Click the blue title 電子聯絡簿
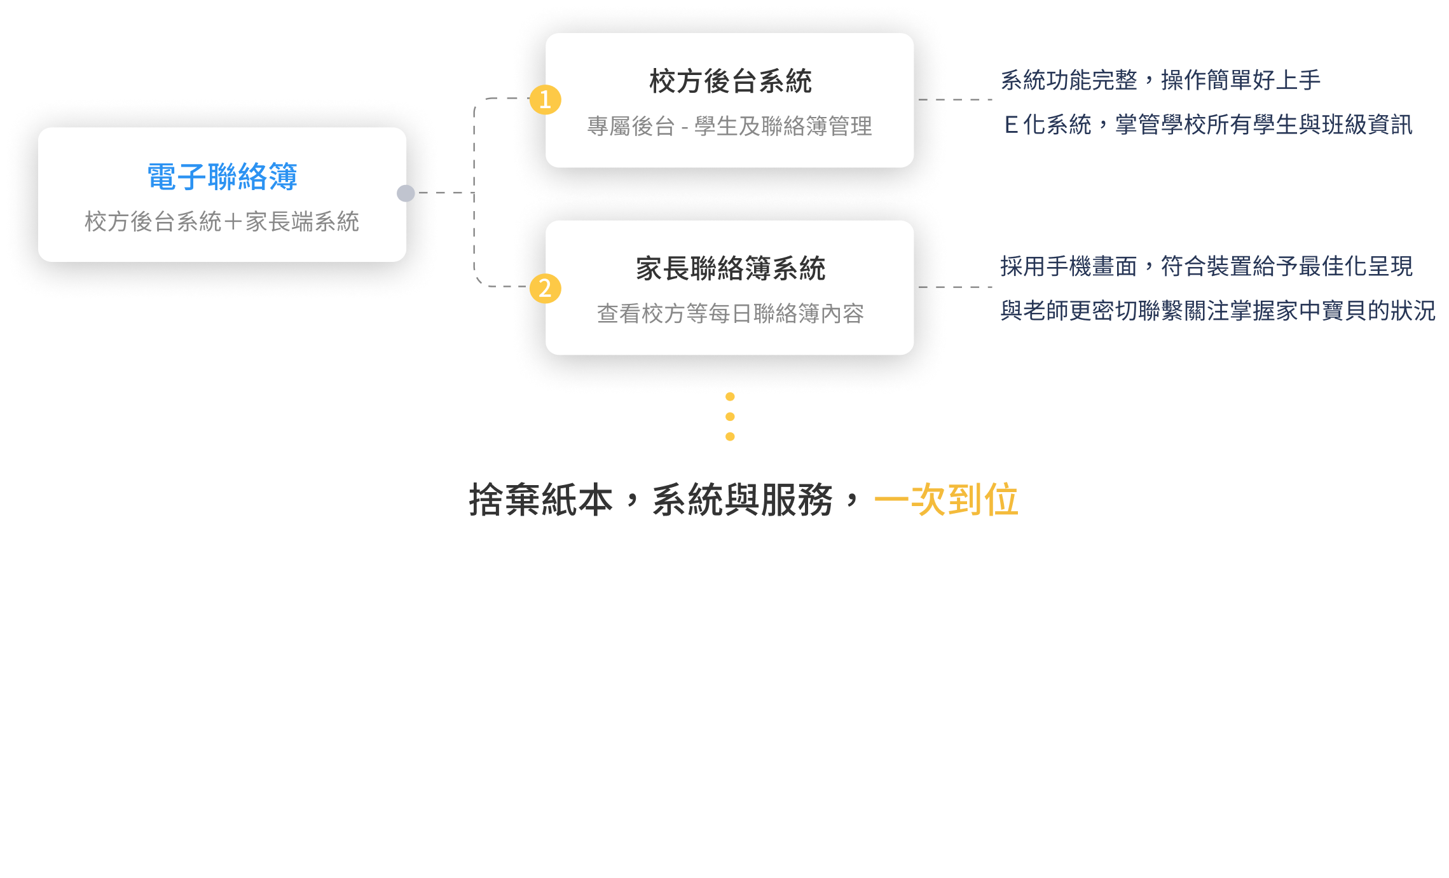pyautogui.click(x=222, y=177)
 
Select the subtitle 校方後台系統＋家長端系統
pyautogui.click(x=222, y=222)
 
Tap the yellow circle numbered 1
pyautogui.click(x=545, y=100)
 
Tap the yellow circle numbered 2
pyautogui.click(x=545, y=288)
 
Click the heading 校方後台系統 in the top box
pyautogui.click(x=730, y=81)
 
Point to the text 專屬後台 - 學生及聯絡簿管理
pyautogui.click(x=729, y=127)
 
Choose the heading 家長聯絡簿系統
pyautogui.click(x=730, y=268)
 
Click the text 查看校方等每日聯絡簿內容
pyautogui.click(x=730, y=313)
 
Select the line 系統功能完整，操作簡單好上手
pyautogui.click(x=1160, y=80)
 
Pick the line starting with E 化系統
pyautogui.click(x=1208, y=125)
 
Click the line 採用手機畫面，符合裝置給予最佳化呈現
pyautogui.click(x=1206, y=266)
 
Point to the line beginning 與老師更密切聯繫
pyautogui.click(x=1218, y=311)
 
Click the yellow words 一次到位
pyautogui.click(x=946, y=500)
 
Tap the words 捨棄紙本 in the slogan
pyautogui.click(x=540, y=500)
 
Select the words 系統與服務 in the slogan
pyautogui.click(x=742, y=500)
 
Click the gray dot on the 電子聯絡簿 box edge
pyautogui.click(x=406, y=193)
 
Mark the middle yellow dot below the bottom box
pyautogui.click(x=730, y=416)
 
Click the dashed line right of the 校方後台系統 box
pyautogui.click(x=955, y=100)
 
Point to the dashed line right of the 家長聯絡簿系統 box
pyautogui.click(x=955, y=287)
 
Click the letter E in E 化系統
pyautogui.click(x=1010, y=125)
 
